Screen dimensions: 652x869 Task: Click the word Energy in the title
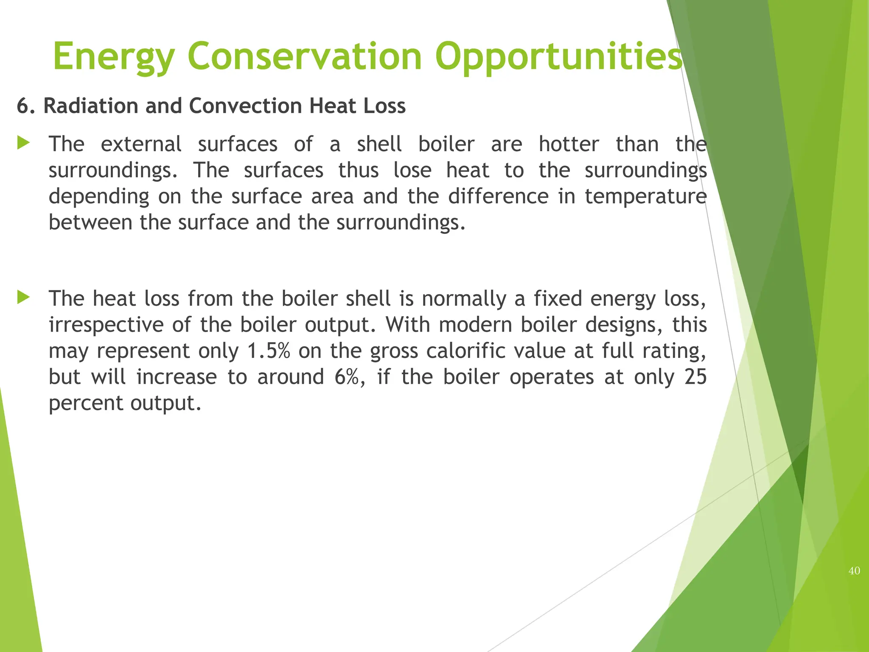coord(114,57)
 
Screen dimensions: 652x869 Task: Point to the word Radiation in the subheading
coord(91,106)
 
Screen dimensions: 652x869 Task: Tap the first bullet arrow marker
coord(23,143)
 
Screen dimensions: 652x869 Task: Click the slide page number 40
coord(854,571)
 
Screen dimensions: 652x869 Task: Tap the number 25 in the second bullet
coord(695,377)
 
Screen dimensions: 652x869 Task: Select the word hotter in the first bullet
coord(569,144)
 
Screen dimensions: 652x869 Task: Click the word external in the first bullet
coord(141,144)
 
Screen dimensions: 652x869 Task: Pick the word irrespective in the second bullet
coord(106,325)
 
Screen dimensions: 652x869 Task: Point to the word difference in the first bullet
coord(498,196)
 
